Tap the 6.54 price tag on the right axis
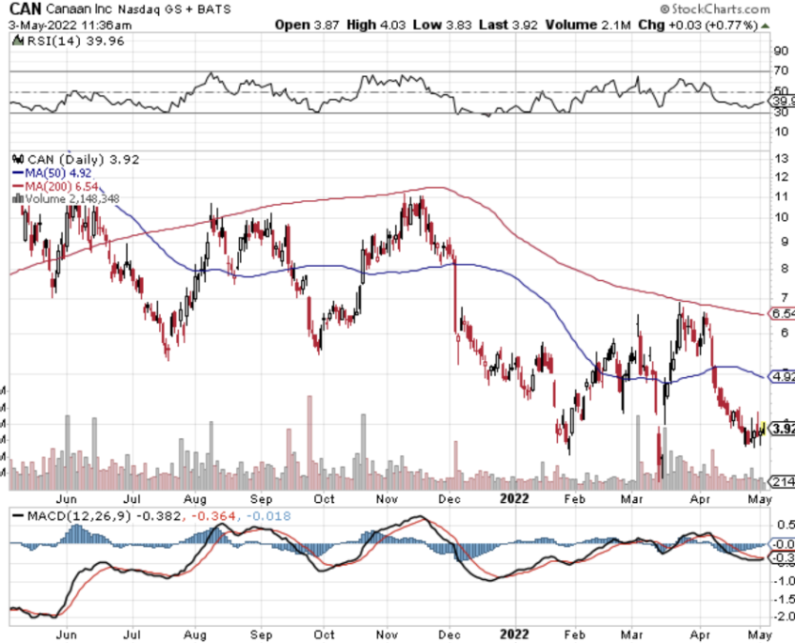click(x=782, y=313)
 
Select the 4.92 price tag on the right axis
click(x=782, y=376)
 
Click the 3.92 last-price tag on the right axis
click(x=782, y=429)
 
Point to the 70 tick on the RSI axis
click(x=780, y=71)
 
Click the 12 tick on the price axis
click(x=779, y=177)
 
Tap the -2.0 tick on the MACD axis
click(x=781, y=616)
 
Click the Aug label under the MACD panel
click(x=196, y=634)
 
